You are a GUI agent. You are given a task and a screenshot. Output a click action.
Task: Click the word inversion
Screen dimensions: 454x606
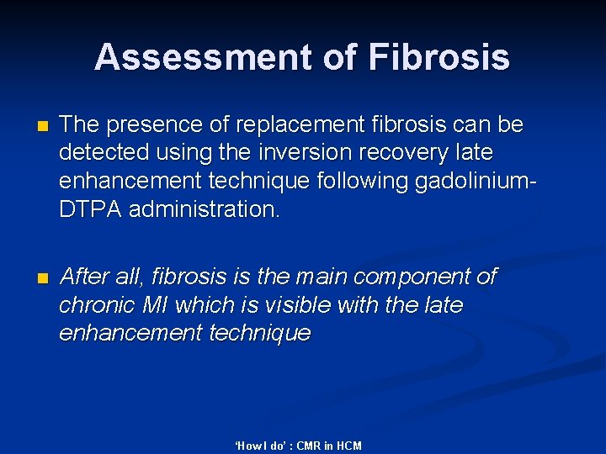point(286,154)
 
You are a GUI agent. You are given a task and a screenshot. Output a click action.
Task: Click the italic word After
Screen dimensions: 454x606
point(84,277)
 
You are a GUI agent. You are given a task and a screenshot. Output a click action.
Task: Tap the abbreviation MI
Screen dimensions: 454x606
point(155,305)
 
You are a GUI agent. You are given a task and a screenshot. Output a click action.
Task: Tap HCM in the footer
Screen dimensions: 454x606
point(348,446)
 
